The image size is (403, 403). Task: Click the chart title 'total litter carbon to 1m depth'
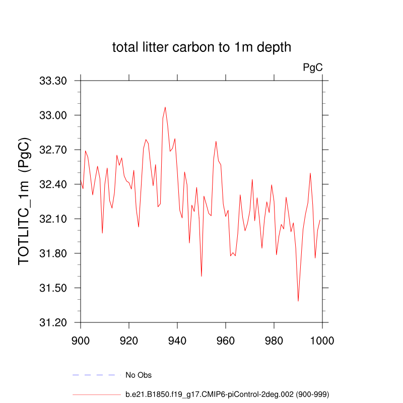(201, 47)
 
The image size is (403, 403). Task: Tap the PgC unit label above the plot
(312, 66)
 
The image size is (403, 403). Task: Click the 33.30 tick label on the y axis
(53, 81)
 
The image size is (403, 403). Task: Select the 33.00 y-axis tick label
(53, 115)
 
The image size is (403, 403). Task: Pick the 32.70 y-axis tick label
(53, 150)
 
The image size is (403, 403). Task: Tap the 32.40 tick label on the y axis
(53, 184)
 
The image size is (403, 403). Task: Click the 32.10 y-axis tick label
(53, 219)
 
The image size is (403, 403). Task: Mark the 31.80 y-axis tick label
(53, 253)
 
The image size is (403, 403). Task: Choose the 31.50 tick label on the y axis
(53, 288)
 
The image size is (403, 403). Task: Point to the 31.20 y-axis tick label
(53, 322)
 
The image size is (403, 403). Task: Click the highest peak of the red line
(165, 107)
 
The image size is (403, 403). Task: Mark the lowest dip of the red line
(298, 301)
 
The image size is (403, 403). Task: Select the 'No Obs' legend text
(139, 375)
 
